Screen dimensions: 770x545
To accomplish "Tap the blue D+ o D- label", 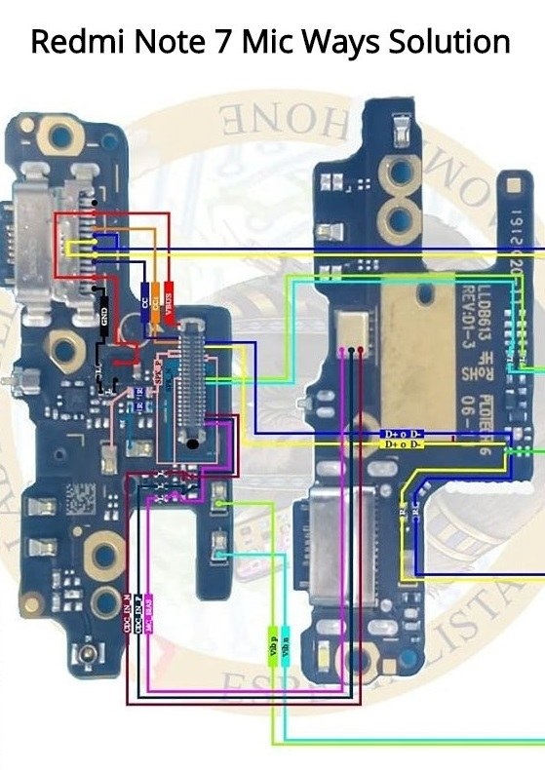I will [403, 433].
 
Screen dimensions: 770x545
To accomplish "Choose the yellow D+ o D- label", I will [403, 444].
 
